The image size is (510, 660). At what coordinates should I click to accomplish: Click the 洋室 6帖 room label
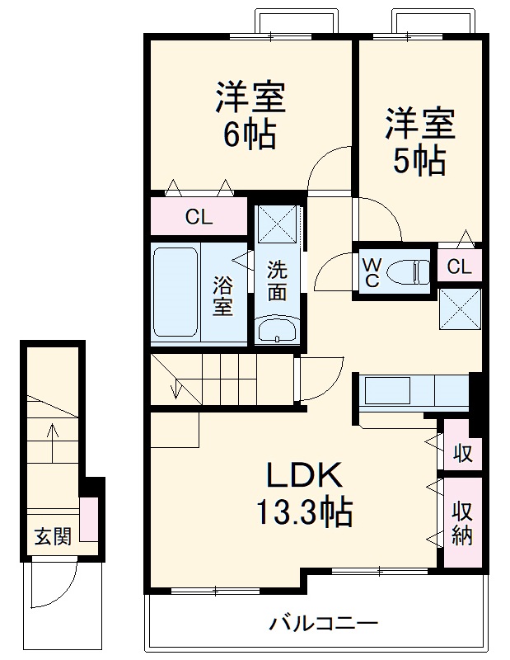(x=250, y=115)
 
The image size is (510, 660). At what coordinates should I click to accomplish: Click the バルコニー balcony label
(x=323, y=623)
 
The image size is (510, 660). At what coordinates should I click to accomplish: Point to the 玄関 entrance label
(x=52, y=537)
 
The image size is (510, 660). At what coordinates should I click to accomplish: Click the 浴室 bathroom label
(x=223, y=295)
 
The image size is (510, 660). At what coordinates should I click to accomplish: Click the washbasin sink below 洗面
(x=277, y=331)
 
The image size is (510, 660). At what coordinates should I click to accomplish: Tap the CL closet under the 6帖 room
(x=199, y=218)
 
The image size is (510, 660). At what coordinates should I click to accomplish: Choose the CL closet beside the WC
(x=460, y=266)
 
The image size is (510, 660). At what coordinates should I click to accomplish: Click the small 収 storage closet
(x=463, y=453)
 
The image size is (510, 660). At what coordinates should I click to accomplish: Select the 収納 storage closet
(x=462, y=522)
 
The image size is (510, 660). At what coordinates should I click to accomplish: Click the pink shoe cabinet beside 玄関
(x=90, y=520)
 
